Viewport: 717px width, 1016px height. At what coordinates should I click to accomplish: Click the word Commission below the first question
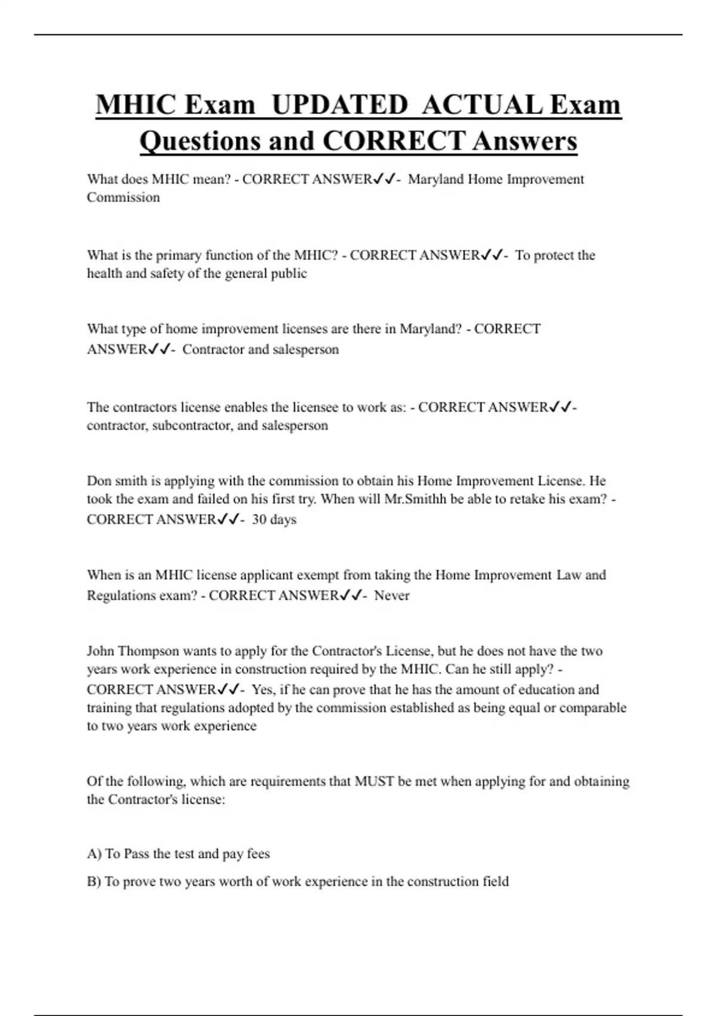coord(123,197)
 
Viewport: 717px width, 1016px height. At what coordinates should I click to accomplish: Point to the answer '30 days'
coord(274,519)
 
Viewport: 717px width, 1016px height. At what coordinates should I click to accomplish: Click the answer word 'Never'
coord(392,595)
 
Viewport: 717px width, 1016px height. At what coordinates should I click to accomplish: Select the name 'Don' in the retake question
coord(99,481)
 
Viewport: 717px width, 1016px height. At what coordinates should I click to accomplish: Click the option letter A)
coord(94,854)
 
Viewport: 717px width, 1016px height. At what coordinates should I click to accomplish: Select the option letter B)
coord(94,882)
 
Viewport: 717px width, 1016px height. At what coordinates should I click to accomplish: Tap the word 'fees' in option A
coord(258,854)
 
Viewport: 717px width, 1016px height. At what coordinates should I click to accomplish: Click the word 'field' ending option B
coord(496,882)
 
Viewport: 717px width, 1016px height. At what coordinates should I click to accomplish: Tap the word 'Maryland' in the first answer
coord(436,179)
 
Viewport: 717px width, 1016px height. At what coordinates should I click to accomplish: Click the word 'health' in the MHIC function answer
coord(105,274)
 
